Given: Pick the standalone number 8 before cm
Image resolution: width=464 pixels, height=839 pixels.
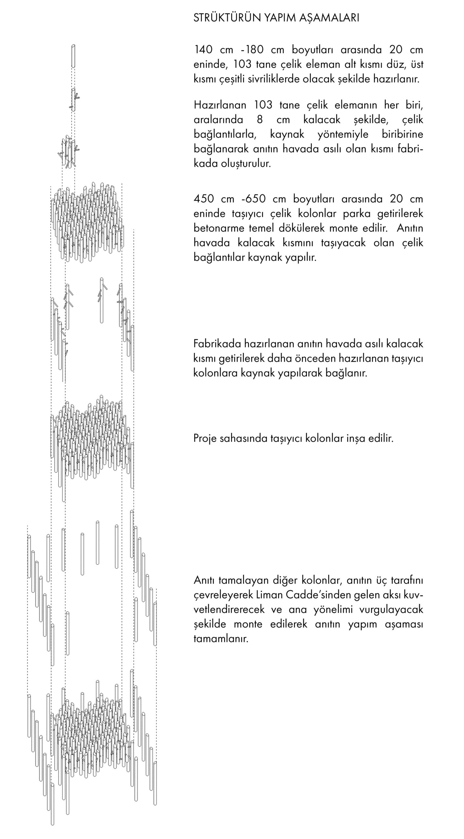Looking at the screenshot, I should (260, 120).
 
